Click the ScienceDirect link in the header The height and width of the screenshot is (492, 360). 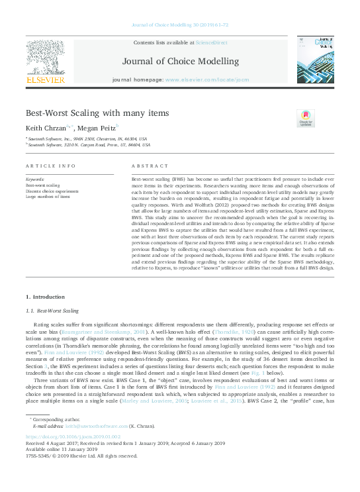click(x=209, y=42)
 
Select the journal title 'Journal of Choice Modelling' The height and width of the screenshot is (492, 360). click(x=181, y=62)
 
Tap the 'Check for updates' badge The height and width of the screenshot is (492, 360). click(x=305, y=118)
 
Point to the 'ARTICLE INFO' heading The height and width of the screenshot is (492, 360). click(x=50, y=166)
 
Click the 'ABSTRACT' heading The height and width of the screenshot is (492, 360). click(x=146, y=166)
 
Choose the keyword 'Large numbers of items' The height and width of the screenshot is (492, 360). click(x=48, y=197)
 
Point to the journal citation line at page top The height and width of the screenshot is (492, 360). click(x=180, y=26)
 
